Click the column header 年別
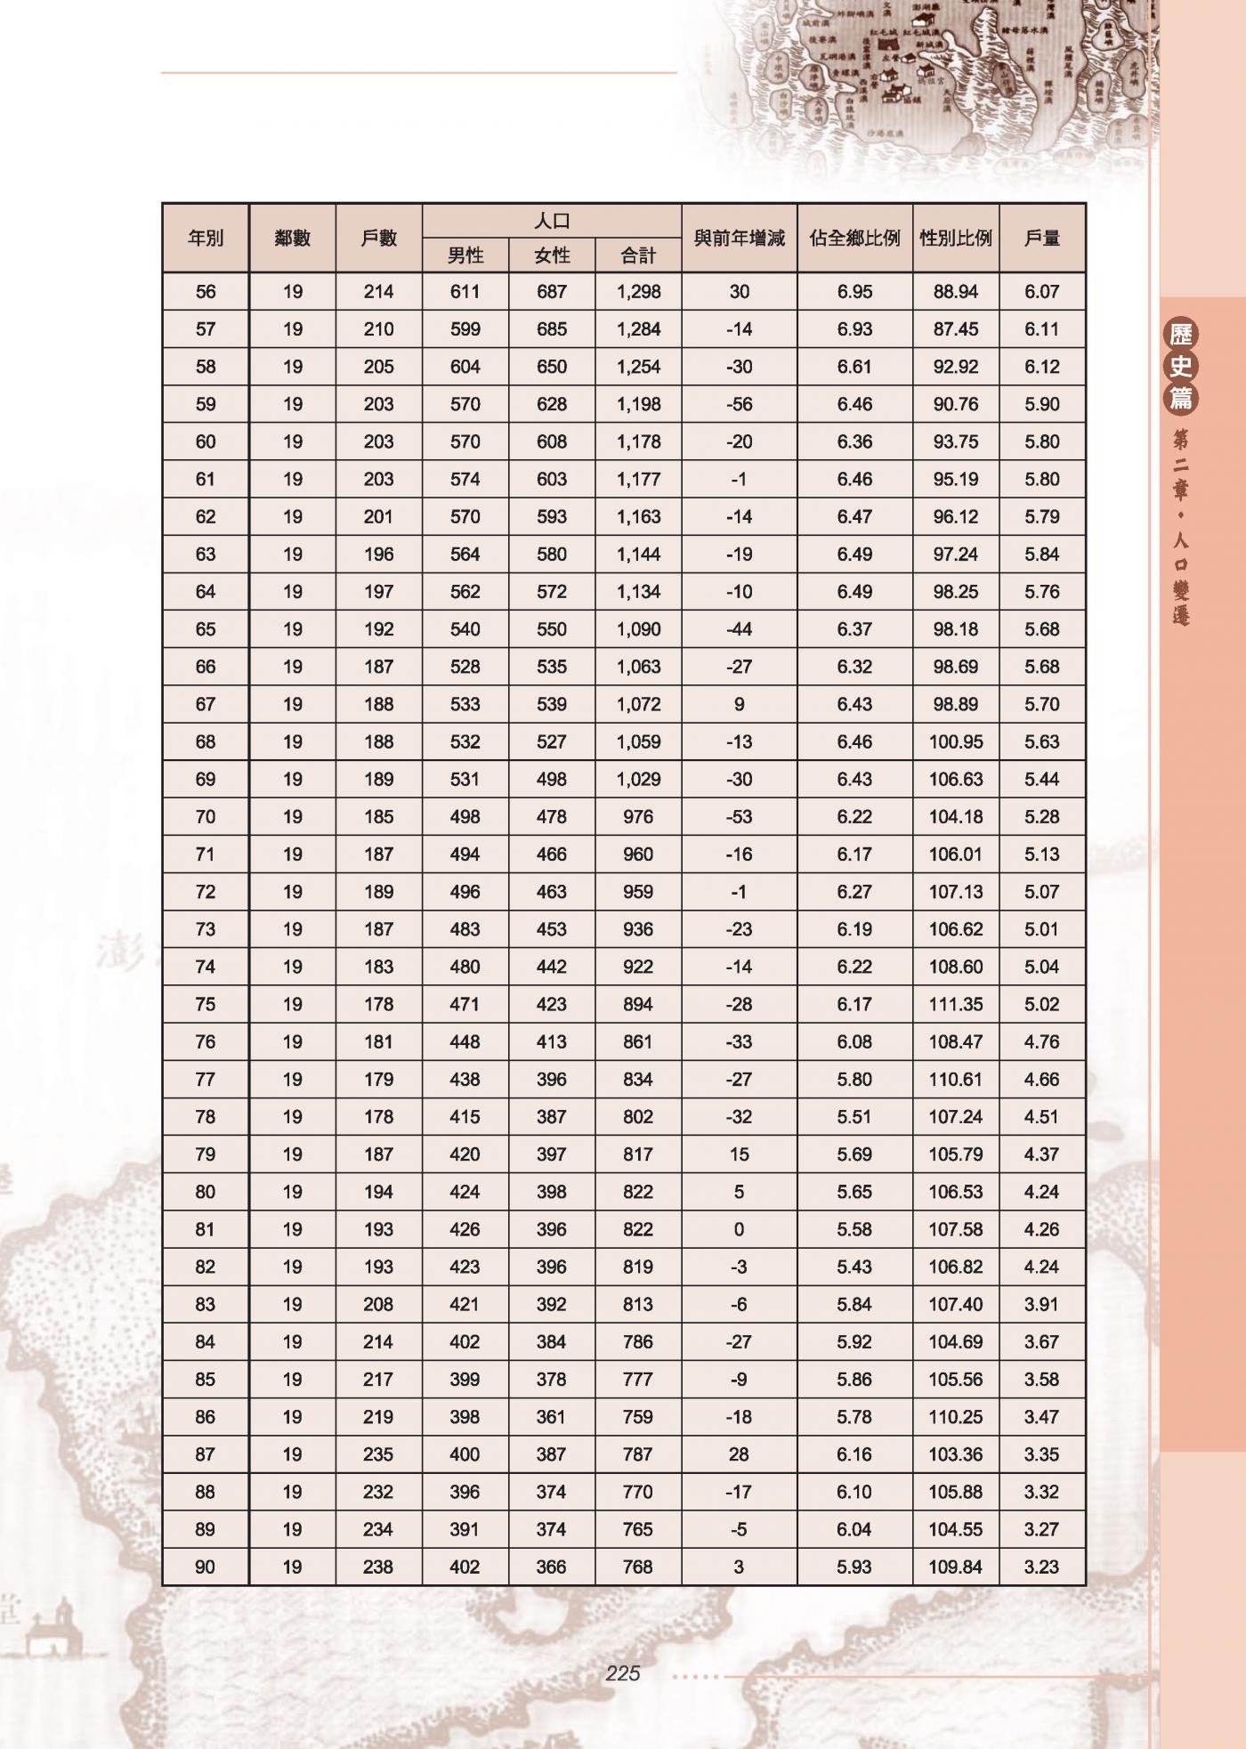206,238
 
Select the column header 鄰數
292,238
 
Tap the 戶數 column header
378,238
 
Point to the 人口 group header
552,221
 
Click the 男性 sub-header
465,255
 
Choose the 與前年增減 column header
739,238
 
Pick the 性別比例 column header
955,238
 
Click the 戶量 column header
1041,238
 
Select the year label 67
206,704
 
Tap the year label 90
206,1567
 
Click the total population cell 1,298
638,291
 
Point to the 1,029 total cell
638,779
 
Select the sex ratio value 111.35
955,1004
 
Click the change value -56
739,404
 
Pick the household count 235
378,1454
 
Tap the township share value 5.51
854,1116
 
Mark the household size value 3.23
1041,1567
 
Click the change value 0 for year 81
739,1229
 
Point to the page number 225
622,1673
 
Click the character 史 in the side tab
1181,366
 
